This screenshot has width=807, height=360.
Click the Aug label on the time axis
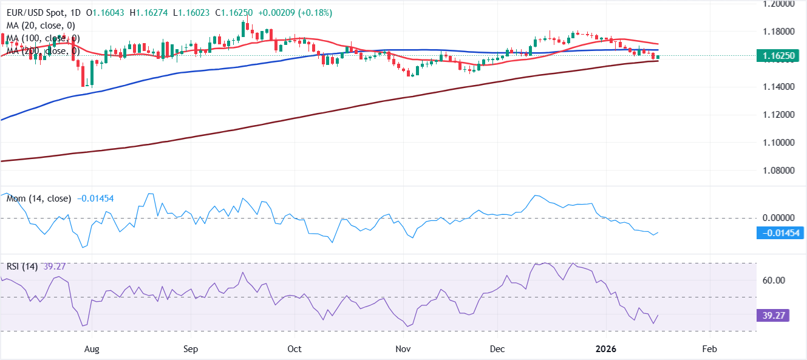(91, 350)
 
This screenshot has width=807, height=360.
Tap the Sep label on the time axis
(191, 350)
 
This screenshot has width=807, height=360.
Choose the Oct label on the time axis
(295, 350)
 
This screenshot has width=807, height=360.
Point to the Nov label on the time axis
(402, 350)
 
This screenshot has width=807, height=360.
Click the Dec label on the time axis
(497, 350)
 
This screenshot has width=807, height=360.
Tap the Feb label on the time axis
(708, 350)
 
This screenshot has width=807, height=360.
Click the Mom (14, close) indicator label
(38, 199)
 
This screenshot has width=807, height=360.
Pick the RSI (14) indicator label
(22, 267)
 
